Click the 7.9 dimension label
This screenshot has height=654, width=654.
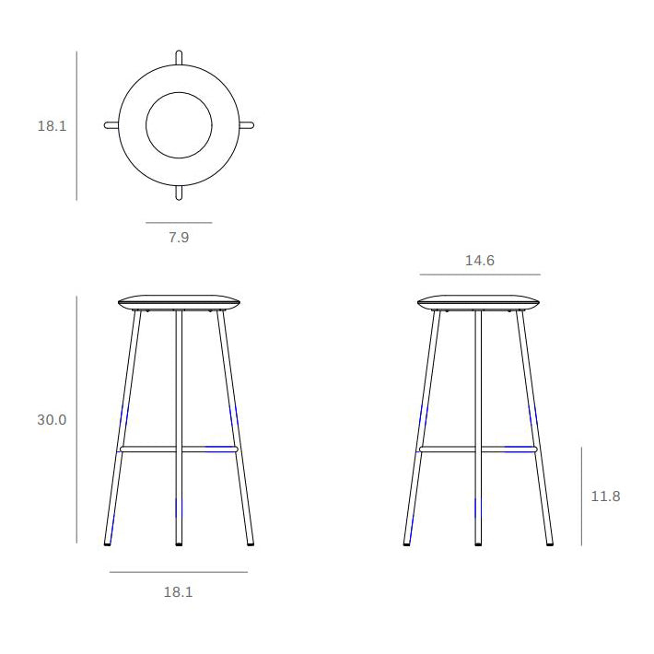click(179, 238)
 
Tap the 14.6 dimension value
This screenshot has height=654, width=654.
click(479, 261)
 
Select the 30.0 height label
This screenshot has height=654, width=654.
click(52, 420)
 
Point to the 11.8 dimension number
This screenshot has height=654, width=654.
click(605, 496)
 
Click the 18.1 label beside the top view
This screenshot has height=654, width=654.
click(52, 126)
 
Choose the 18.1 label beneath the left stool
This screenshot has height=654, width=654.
click(178, 592)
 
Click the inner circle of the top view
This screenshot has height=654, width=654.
click(179, 125)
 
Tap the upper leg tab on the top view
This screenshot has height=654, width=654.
click(179, 58)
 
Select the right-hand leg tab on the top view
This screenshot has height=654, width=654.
click(246, 125)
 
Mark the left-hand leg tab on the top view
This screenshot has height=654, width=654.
click(111, 125)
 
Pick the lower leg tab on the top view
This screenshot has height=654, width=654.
click(179, 193)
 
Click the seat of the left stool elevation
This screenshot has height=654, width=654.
click(179, 302)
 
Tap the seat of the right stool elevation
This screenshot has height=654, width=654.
click(478, 302)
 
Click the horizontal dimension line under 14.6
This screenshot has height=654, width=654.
click(479, 274)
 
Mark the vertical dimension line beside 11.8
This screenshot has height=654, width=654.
click(581, 496)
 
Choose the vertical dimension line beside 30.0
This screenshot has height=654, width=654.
click(76, 420)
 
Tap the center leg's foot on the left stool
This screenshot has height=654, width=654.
click(179, 543)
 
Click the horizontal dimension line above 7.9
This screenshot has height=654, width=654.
click(179, 223)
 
